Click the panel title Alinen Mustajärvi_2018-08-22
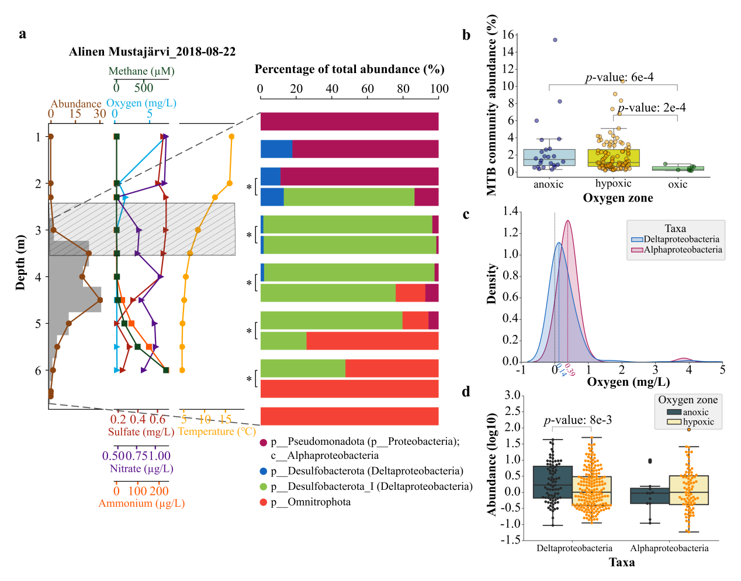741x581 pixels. (x=152, y=51)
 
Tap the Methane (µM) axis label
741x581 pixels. (x=141, y=71)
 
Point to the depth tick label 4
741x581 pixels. (x=38, y=277)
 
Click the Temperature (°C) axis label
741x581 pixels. (x=217, y=431)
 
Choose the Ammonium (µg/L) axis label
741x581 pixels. (x=141, y=503)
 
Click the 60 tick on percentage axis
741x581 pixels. (x=368, y=89)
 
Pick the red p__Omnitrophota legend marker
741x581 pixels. (x=264, y=502)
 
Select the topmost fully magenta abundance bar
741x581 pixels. (x=349, y=122)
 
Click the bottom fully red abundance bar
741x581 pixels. (x=349, y=416)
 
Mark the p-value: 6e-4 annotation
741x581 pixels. (x=619, y=77)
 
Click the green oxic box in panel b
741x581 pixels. (x=678, y=168)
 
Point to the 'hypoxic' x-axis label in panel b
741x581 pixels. (x=613, y=184)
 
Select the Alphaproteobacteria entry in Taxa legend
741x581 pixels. (x=683, y=250)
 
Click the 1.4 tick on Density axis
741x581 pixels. (x=511, y=211)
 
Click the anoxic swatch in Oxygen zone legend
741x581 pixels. (x=674, y=412)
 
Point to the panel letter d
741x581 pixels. (x=466, y=392)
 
